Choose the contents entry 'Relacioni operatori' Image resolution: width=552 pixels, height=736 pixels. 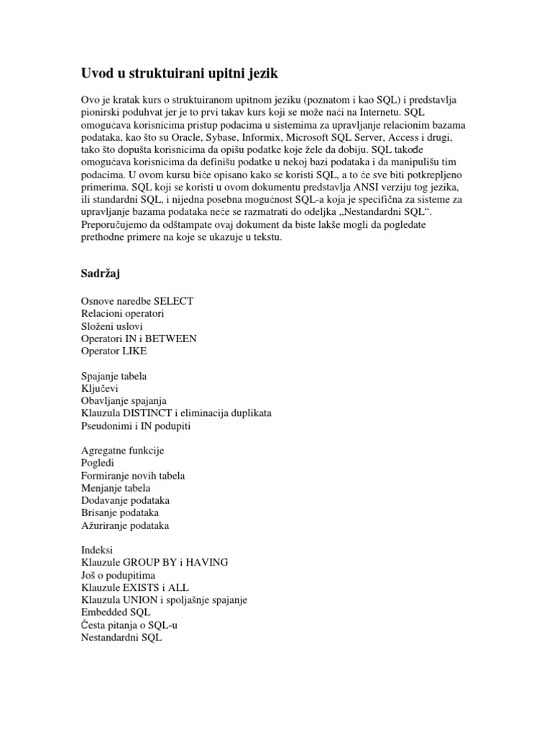click(123, 313)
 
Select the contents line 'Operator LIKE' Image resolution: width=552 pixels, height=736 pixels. click(114, 351)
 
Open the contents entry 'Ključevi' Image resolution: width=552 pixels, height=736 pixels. click(101, 388)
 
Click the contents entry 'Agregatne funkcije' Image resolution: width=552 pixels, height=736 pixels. click(123, 451)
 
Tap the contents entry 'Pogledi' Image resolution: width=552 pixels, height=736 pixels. click(98, 464)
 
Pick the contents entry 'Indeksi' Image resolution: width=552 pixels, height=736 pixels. click(98, 550)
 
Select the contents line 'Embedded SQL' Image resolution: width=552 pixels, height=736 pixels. click(116, 612)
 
